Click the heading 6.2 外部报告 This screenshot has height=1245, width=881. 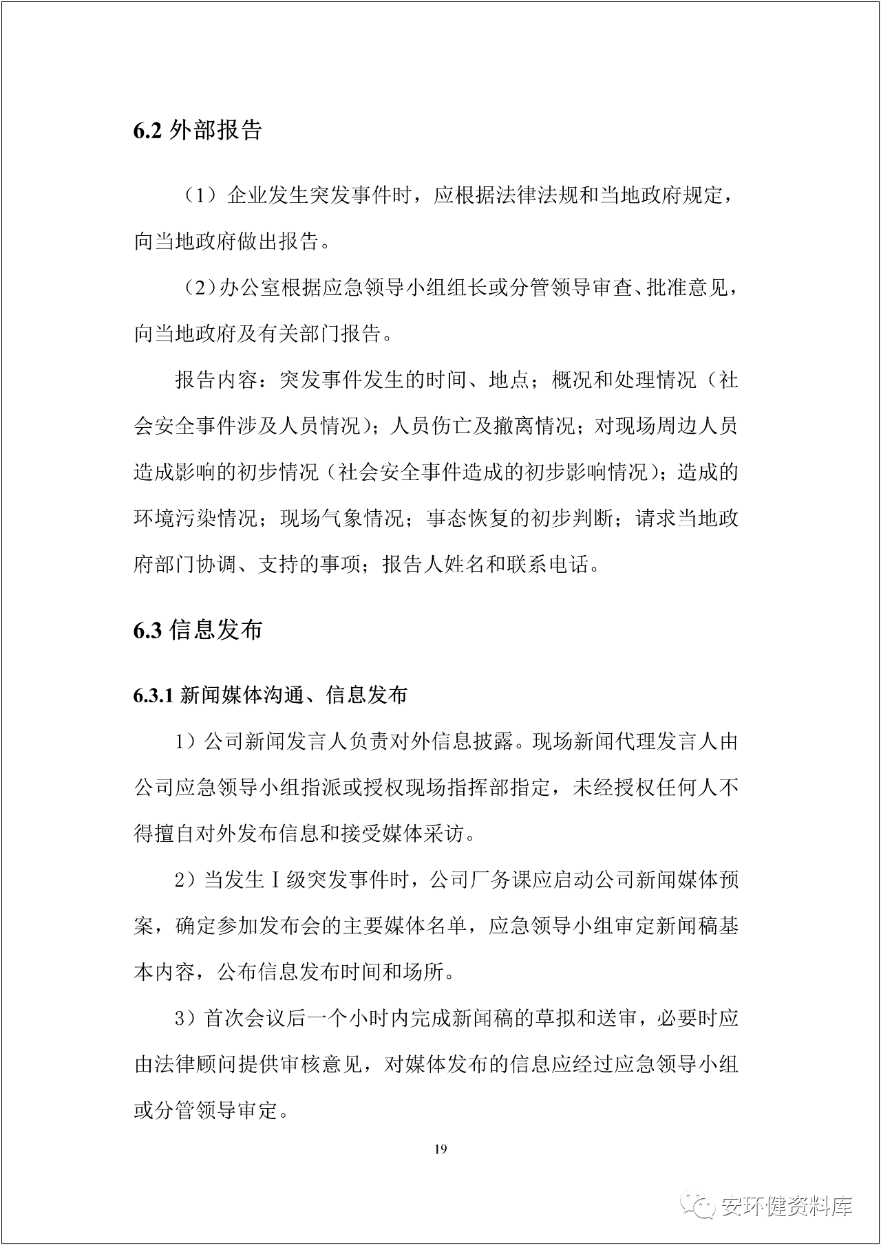pos(198,131)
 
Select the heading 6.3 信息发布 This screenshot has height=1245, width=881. pos(198,629)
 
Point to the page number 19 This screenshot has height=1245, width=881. pos(441,1149)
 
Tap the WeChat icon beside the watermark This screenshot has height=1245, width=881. pos(698,1206)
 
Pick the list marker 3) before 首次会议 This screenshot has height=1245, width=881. pos(187,1019)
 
